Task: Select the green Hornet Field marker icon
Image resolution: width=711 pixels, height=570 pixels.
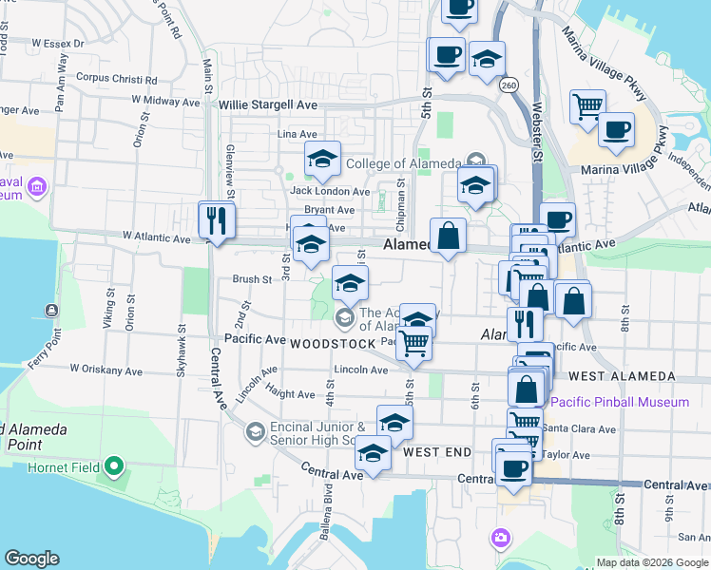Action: (114, 465)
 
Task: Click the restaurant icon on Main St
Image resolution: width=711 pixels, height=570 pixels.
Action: (216, 221)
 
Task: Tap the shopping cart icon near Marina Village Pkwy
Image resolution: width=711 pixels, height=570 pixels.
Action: (587, 105)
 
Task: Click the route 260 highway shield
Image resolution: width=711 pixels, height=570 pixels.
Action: (509, 85)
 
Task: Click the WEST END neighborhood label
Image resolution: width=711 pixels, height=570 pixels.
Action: (437, 453)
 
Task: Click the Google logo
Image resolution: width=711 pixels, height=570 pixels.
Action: (31, 559)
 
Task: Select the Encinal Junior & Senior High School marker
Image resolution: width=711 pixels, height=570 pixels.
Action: (254, 432)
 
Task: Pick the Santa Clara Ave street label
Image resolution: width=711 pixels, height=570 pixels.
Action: (581, 429)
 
